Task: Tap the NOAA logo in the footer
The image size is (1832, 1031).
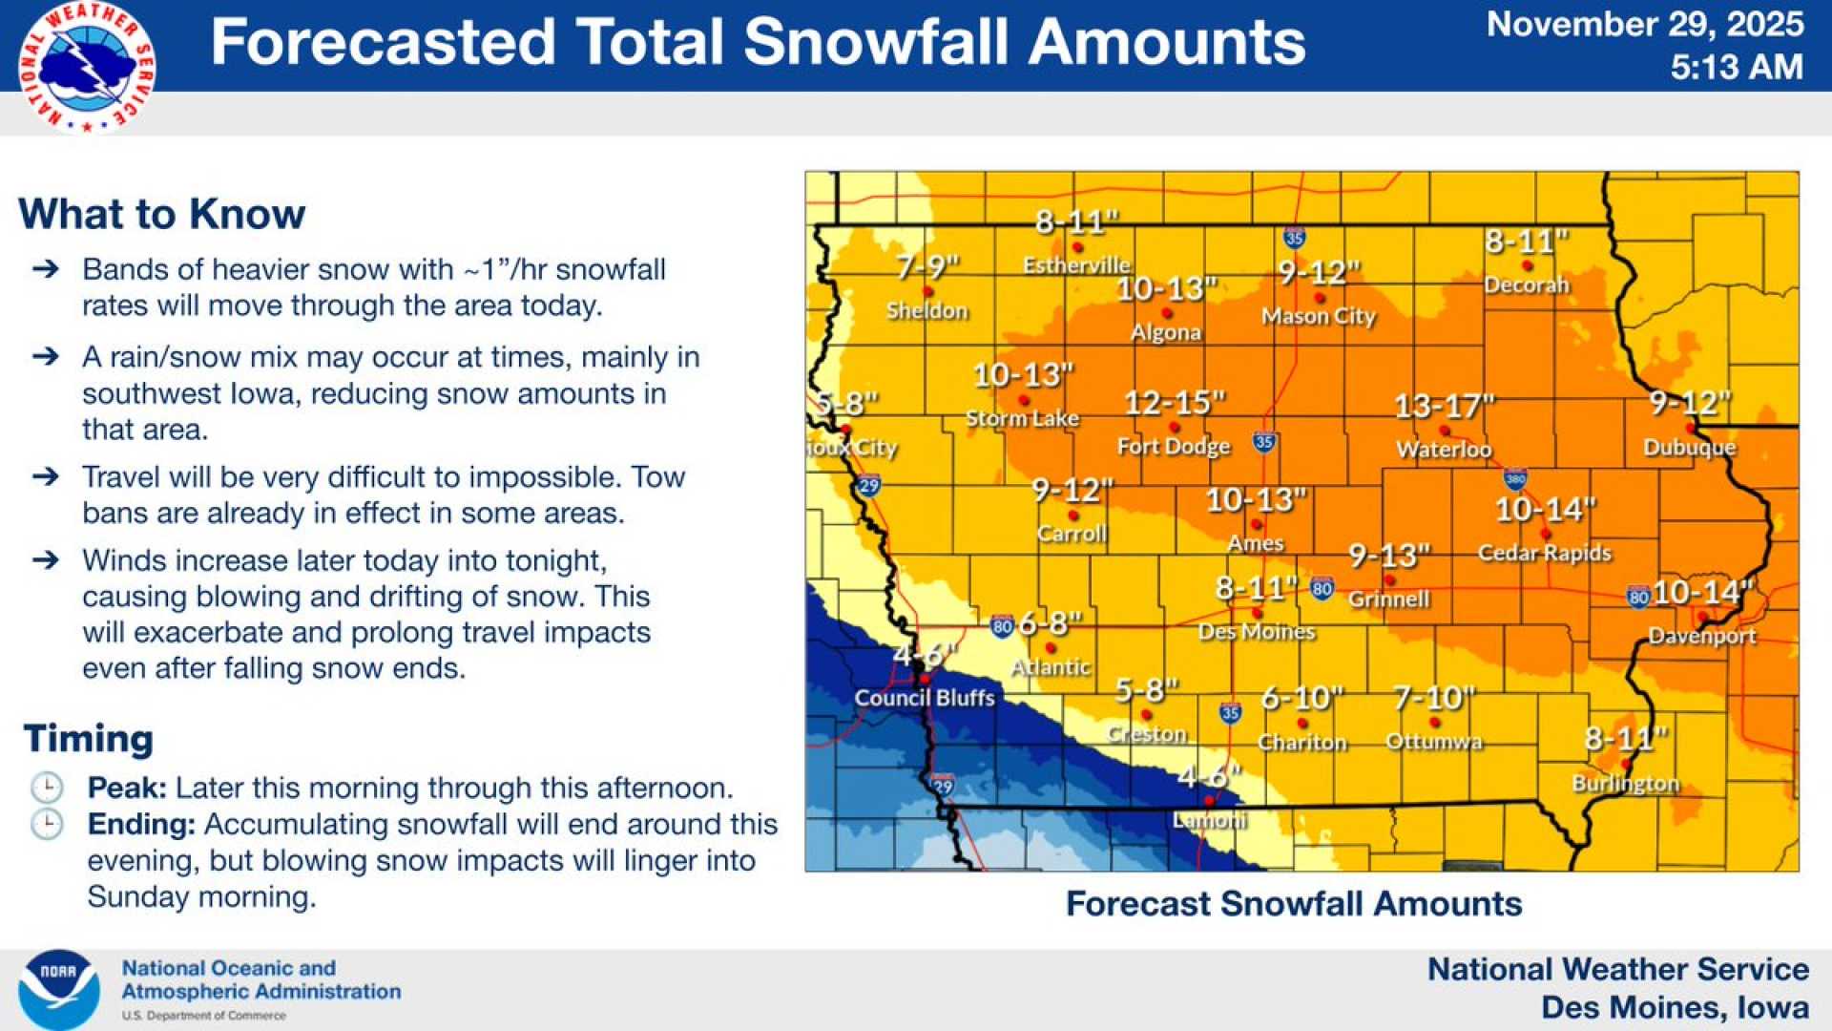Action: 59,989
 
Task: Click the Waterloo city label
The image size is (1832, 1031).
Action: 1443,450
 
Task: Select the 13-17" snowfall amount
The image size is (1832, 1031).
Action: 1444,408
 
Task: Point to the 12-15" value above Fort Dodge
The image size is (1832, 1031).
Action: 1174,404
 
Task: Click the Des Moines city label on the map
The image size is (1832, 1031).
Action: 1257,632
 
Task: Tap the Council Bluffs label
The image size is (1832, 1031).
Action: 924,698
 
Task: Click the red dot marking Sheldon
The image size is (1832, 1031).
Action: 926,291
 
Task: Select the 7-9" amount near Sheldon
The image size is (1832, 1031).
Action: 927,267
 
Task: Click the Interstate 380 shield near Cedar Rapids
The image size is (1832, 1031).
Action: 1514,479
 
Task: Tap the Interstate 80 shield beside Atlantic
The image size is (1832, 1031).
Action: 1001,627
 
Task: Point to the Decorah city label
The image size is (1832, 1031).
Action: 1527,284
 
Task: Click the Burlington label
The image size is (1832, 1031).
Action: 1625,784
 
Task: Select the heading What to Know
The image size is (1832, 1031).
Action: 161,214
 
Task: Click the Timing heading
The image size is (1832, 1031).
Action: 89,739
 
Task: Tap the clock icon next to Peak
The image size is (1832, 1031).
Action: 47,788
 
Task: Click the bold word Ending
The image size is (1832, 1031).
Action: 140,824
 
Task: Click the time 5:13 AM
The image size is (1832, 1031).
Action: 1736,67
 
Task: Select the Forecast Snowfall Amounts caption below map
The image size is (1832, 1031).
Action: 1293,903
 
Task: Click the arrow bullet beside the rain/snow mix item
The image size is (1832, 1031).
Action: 46,357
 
